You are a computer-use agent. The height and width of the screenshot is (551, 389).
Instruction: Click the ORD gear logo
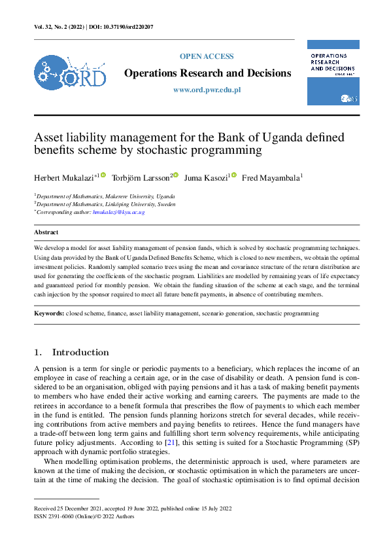pos(69,73)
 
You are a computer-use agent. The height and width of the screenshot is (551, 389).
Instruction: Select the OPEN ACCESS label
pos(207,56)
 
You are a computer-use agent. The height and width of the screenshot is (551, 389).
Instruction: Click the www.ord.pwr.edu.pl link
pos(207,90)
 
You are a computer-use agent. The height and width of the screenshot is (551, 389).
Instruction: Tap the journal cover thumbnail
pos(333,72)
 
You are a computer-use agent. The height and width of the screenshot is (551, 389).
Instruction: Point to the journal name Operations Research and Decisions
pos(207,73)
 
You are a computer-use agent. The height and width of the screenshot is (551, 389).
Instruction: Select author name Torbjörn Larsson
pos(141,178)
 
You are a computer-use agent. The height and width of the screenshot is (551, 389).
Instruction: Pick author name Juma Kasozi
pos(205,178)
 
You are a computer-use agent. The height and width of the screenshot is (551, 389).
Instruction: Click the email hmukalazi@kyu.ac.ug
pos(118,212)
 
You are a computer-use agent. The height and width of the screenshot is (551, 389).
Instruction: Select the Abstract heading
pos(46,232)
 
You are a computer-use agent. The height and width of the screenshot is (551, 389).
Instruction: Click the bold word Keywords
pos(49,314)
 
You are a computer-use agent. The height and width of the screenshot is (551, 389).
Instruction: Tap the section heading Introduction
pos(80,352)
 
